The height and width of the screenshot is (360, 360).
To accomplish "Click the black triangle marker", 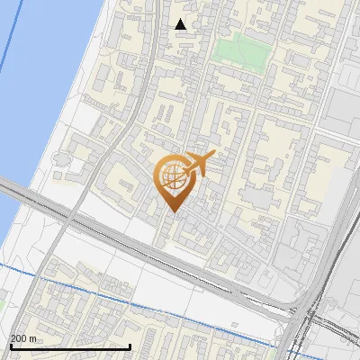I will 181,24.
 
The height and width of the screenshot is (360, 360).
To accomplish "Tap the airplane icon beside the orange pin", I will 198,164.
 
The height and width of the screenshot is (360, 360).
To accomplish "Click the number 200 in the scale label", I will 19,338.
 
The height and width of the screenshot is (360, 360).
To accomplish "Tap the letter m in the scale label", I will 33,338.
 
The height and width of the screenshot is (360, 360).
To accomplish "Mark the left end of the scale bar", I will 10,346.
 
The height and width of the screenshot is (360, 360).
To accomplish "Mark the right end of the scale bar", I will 131,346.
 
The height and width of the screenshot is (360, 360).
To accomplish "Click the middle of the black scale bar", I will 70,346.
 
